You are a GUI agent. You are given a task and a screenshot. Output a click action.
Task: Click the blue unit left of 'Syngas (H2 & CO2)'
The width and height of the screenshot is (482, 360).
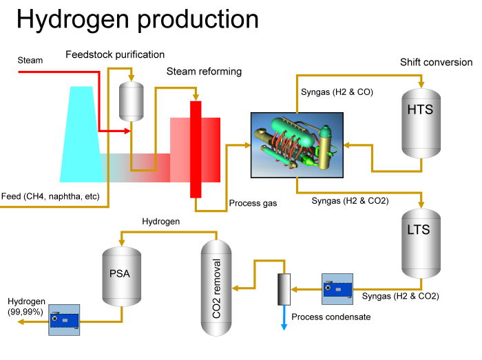337,289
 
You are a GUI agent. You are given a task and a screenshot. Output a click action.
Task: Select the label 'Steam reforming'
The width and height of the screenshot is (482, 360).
204,72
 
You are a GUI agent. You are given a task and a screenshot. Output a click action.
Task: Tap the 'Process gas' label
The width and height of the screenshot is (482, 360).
253,204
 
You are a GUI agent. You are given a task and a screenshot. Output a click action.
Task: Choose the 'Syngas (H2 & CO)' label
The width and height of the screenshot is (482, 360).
337,92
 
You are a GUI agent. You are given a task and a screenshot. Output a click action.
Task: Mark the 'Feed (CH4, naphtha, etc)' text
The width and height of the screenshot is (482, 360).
51,197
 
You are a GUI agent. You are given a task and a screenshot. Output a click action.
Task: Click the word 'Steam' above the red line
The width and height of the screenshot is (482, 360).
30,61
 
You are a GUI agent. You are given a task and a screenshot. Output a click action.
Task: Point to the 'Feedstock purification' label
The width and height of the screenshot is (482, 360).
115,54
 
